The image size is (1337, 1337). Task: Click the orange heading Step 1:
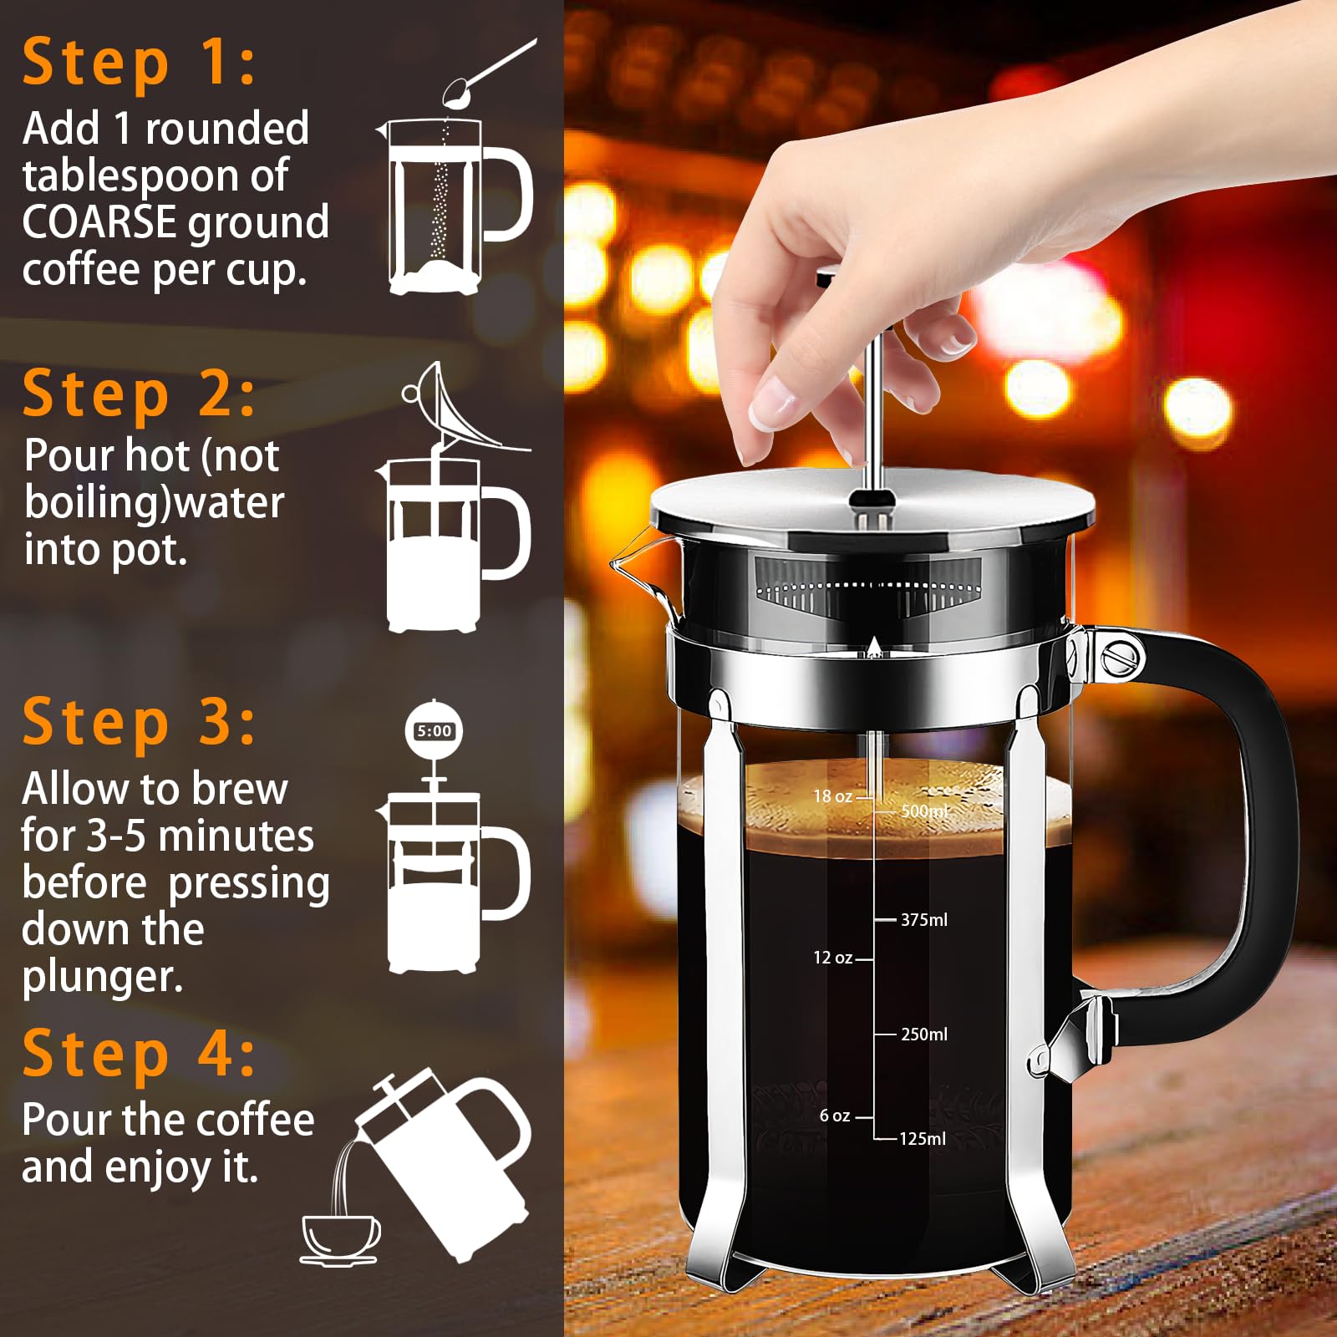(138, 64)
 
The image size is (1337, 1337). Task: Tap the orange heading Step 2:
(138, 394)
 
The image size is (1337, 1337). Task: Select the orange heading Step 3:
(138, 723)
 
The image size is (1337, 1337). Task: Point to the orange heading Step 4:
(138, 1054)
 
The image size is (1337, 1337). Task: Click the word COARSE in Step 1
(99, 223)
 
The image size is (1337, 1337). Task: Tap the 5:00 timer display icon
(434, 731)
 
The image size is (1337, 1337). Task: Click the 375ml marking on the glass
(923, 920)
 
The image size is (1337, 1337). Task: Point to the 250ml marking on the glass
(923, 1035)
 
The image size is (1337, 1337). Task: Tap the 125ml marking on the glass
(922, 1139)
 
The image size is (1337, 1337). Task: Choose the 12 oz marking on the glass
(833, 958)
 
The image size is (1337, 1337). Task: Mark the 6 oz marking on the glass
(835, 1116)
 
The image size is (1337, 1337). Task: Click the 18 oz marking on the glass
(833, 796)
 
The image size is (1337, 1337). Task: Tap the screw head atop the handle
(1121, 658)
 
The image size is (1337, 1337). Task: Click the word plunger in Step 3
(102, 978)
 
